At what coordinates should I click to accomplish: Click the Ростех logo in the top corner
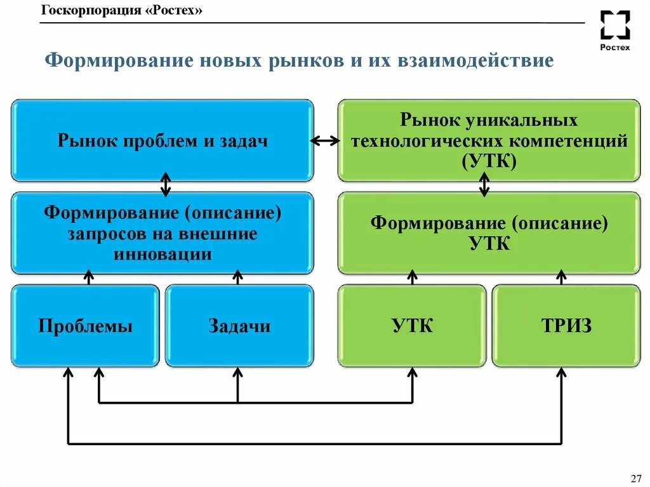point(615,30)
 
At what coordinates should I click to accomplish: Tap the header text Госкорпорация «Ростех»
point(122,11)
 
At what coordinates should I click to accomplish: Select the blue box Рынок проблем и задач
point(162,140)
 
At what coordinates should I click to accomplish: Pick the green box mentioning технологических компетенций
point(489,140)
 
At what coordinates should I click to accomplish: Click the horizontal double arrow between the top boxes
point(325,141)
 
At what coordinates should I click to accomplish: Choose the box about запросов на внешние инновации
point(162,233)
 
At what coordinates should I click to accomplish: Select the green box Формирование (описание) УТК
point(489,233)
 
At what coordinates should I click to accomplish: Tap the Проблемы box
point(85,326)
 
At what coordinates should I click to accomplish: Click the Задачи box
point(239,326)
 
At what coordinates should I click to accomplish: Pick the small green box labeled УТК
point(412,326)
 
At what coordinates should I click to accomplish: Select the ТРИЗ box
point(566,326)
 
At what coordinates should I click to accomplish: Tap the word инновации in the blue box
point(162,254)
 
